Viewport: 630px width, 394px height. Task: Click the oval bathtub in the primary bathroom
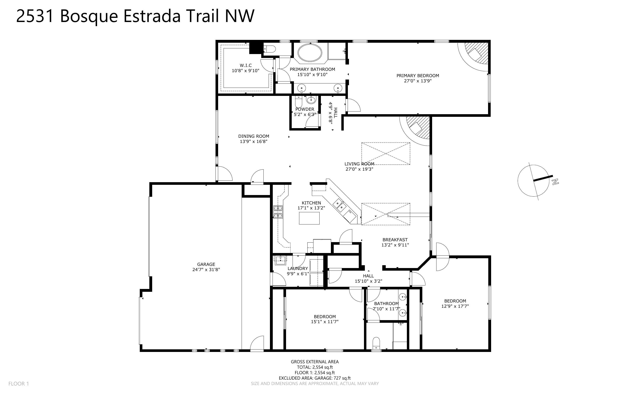coord(310,53)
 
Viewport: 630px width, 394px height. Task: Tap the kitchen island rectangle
coord(309,218)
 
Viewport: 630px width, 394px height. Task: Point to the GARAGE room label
coord(206,264)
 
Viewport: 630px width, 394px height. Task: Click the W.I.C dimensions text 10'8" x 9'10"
coord(245,71)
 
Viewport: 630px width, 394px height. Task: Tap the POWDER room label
coord(305,109)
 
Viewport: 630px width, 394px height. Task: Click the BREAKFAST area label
coord(395,240)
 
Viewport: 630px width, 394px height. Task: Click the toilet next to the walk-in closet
coord(269,49)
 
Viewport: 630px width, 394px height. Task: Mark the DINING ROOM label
coord(253,136)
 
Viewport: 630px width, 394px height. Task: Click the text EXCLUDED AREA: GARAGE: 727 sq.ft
coord(314,378)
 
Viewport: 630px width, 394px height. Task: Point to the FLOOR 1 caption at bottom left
coord(19,384)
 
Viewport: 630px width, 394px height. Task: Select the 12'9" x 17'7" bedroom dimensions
coord(455,306)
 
